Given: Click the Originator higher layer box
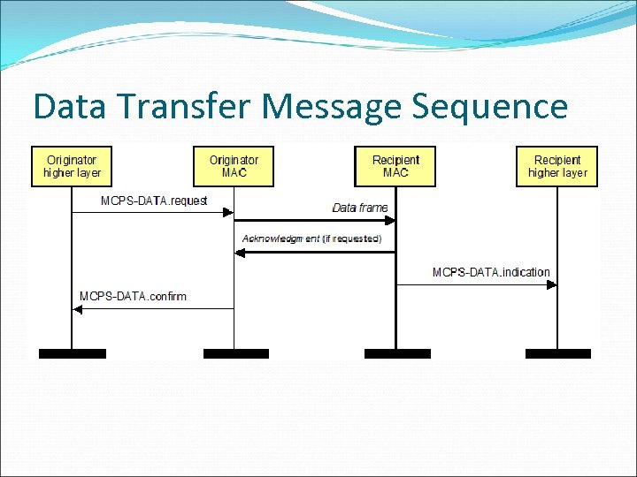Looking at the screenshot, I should (x=72, y=166).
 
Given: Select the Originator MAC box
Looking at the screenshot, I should (x=234, y=166).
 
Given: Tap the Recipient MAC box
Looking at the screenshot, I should (x=395, y=166).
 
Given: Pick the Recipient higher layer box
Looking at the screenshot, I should (x=557, y=166).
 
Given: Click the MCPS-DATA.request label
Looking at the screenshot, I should (x=154, y=201).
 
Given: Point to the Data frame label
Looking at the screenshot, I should (x=360, y=208).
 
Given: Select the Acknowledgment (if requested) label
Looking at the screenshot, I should (x=311, y=238).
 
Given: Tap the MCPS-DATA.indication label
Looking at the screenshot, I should (x=491, y=272).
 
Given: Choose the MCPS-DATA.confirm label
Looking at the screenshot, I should (x=133, y=296).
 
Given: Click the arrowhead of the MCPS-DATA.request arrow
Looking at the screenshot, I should (x=228, y=212).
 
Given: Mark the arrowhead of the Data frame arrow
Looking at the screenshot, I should (x=389, y=220).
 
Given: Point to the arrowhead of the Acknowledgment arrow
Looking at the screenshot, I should (x=240, y=253).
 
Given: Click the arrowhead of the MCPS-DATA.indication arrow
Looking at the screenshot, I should (x=552, y=284).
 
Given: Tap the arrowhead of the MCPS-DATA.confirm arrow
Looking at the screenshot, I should (x=78, y=308).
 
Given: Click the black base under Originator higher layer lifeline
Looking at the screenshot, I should (x=72, y=353).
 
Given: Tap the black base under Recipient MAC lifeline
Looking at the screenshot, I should (x=396, y=353).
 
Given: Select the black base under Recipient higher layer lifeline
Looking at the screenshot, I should (x=557, y=353).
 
